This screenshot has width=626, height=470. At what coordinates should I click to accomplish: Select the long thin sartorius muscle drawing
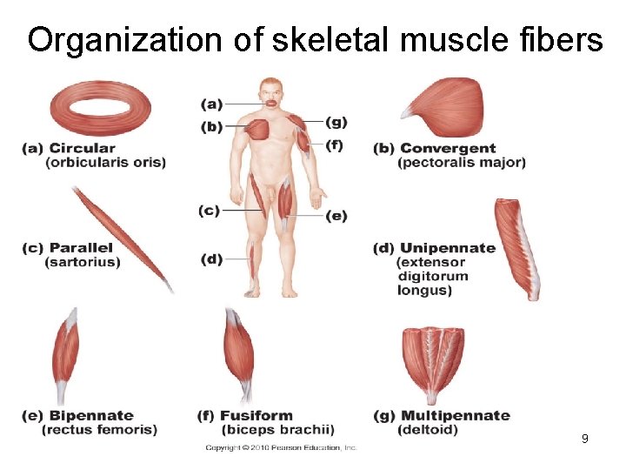(x=121, y=235)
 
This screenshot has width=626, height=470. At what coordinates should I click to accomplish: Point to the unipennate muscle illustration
(x=517, y=248)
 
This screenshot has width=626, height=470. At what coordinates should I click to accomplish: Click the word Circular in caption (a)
(x=83, y=148)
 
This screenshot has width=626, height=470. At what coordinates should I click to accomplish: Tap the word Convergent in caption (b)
(x=448, y=148)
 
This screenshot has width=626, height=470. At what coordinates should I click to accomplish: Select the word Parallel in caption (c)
(x=81, y=248)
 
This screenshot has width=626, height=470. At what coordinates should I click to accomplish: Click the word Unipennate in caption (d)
(x=448, y=248)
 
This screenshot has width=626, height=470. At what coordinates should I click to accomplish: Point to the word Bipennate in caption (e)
(x=91, y=415)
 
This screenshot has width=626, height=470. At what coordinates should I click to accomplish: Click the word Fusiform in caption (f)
(x=256, y=415)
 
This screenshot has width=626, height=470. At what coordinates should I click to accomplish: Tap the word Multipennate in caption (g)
(x=456, y=415)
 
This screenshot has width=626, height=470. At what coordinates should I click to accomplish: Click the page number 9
(x=585, y=439)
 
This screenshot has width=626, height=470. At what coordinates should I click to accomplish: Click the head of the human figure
(x=271, y=91)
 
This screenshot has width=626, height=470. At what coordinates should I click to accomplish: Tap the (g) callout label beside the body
(x=336, y=122)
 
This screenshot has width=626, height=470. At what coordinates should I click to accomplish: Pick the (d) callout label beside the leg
(x=211, y=258)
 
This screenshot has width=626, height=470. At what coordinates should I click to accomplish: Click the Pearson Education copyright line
(x=281, y=447)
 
